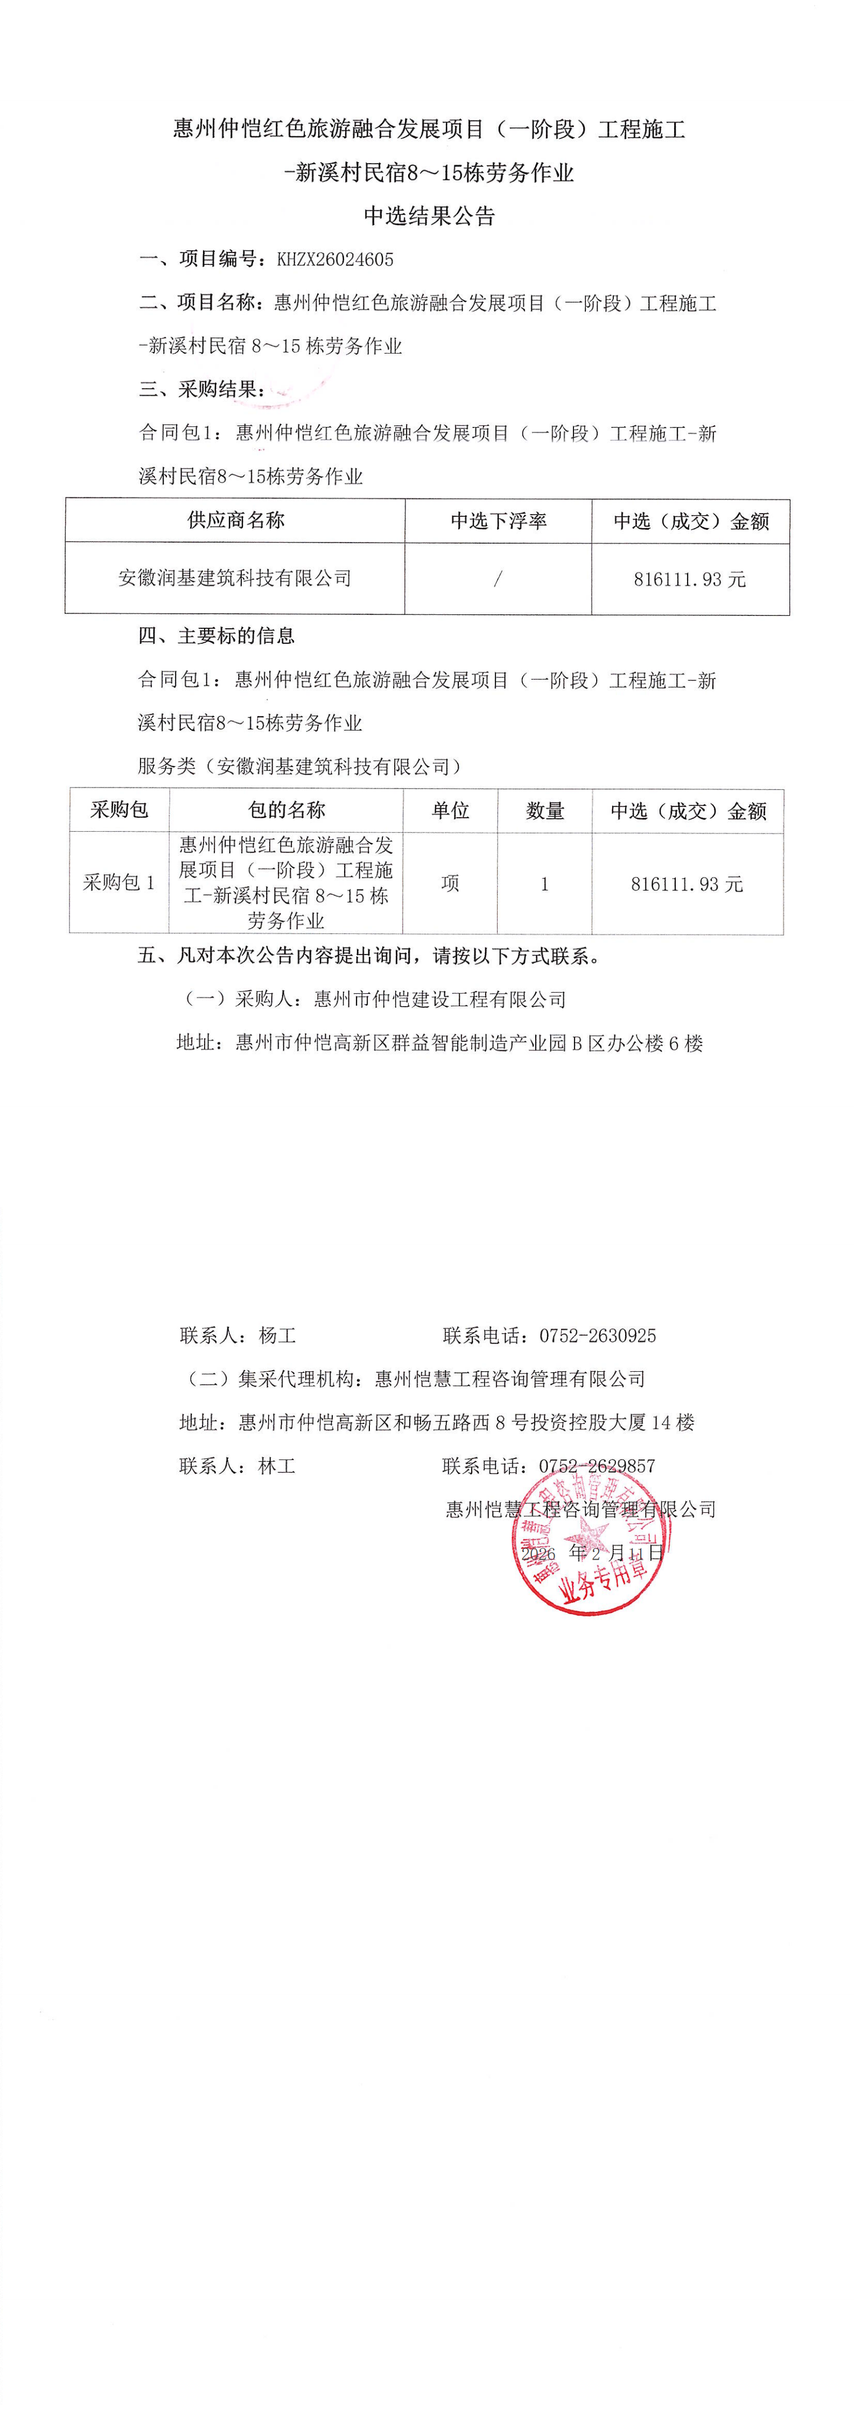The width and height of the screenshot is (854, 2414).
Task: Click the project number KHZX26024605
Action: pyautogui.click(x=335, y=259)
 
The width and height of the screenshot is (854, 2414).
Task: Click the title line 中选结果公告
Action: pyautogui.click(x=429, y=216)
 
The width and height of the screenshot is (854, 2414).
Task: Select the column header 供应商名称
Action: pyautogui.click(x=235, y=520)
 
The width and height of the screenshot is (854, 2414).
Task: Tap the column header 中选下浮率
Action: pyautogui.click(x=498, y=521)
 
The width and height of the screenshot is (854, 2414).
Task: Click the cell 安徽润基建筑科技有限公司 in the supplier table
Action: pyautogui.click(x=235, y=578)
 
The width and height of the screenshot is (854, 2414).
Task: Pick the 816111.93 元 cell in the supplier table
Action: pyautogui.click(x=690, y=579)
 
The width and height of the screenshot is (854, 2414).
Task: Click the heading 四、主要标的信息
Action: pyautogui.click(x=216, y=636)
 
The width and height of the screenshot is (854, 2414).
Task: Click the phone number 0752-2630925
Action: pyautogui.click(x=597, y=1335)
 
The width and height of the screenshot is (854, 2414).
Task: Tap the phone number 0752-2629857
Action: pyautogui.click(x=597, y=1465)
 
